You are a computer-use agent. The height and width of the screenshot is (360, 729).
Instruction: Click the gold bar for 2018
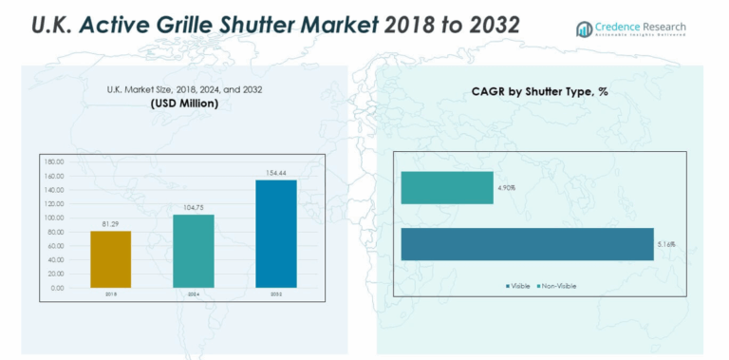(x=110, y=258)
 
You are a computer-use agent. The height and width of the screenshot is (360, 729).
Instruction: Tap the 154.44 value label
(x=276, y=172)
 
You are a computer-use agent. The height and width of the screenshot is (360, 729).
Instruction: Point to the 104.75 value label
(x=193, y=207)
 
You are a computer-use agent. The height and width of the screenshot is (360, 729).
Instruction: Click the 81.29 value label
(x=110, y=223)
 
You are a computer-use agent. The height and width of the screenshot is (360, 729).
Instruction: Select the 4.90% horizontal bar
(x=446, y=187)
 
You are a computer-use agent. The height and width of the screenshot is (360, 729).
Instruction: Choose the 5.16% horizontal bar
(x=527, y=244)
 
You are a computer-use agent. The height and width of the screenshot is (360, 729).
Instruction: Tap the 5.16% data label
(x=668, y=245)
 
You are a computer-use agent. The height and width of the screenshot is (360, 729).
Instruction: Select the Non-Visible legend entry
(x=559, y=286)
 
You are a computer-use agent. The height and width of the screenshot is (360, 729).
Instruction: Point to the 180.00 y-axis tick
(x=53, y=161)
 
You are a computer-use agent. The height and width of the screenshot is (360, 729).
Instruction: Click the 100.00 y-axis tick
(x=53, y=218)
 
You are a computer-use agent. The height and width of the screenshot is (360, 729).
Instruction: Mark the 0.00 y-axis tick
(x=57, y=287)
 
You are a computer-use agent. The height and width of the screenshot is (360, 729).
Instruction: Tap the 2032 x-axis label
(x=276, y=295)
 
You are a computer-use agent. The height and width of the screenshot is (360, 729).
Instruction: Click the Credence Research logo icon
(x=585, y=29)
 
